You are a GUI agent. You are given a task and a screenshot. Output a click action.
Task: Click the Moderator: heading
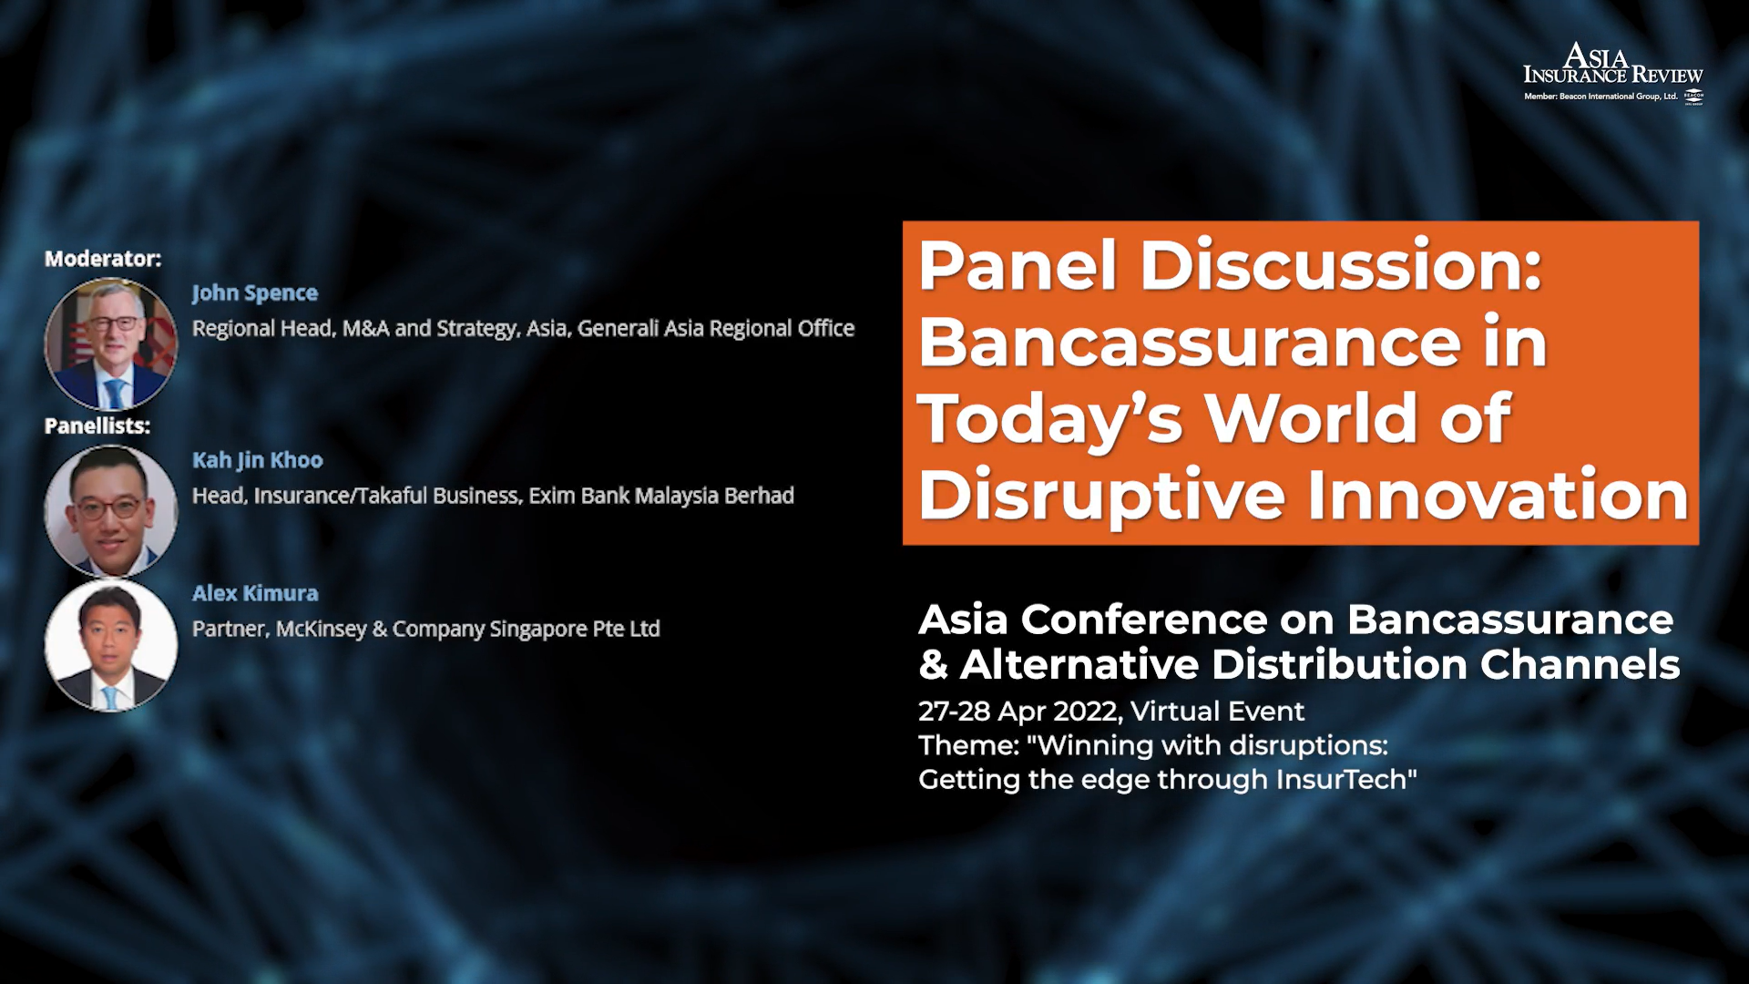click(103, 259)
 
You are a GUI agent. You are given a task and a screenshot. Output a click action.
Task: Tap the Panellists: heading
click(97, 425)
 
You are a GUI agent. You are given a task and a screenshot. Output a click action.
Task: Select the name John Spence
click(255, 293)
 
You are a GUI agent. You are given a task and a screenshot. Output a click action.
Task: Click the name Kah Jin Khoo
click(258, 460)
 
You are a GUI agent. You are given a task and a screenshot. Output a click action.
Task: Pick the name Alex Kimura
click(255, 593)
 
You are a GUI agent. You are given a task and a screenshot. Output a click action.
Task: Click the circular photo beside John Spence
click(111, 343)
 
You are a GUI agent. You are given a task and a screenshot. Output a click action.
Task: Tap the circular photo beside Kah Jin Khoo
click(111, 511)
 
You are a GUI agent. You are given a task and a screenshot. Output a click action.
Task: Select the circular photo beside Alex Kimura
click(111, 645)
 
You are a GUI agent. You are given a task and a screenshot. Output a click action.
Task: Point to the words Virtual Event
click(1218, 712)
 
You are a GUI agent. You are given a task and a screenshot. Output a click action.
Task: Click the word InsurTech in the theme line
click(1346, 780)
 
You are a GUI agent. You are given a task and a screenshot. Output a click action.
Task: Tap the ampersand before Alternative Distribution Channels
click(933, 665)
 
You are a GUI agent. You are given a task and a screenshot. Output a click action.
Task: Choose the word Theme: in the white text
click(968, 745)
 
